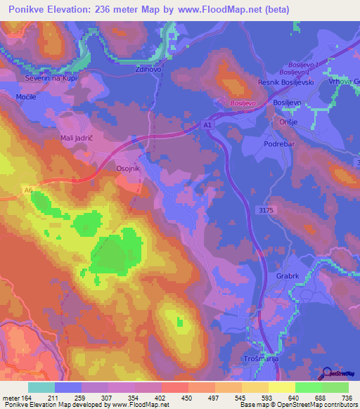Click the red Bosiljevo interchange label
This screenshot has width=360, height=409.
pos(241,103)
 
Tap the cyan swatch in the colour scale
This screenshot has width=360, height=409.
pos(41,387)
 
